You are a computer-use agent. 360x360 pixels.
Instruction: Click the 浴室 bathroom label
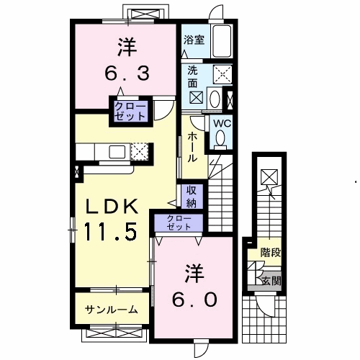pos(194,40)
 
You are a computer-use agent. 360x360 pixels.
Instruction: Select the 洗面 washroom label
pos(192,77)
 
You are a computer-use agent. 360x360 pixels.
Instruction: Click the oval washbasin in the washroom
pos(215,99)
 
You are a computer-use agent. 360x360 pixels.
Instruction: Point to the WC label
pos(222,124)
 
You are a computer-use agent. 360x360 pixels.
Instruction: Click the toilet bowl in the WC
pos(220,140)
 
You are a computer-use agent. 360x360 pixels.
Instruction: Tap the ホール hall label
pos(192,147)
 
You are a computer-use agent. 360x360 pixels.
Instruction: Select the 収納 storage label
pos(192,197)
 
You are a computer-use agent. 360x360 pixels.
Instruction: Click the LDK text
pos(112,207)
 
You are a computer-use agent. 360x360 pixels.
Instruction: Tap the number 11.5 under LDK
pos(110,231)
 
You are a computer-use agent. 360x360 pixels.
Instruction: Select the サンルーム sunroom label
pos(112,310)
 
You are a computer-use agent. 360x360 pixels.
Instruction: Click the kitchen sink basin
pos(117,152)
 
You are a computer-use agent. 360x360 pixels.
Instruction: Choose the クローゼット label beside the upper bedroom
pos(130,111)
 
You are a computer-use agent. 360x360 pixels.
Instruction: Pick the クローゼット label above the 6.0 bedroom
pos(179,222)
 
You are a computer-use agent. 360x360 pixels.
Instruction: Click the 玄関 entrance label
pos(271,281)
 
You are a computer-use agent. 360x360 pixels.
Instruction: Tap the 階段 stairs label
pos(271,253)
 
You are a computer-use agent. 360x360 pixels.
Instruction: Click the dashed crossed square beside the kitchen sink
pos(140,152)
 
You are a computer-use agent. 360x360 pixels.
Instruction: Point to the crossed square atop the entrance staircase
pos(269,177)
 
